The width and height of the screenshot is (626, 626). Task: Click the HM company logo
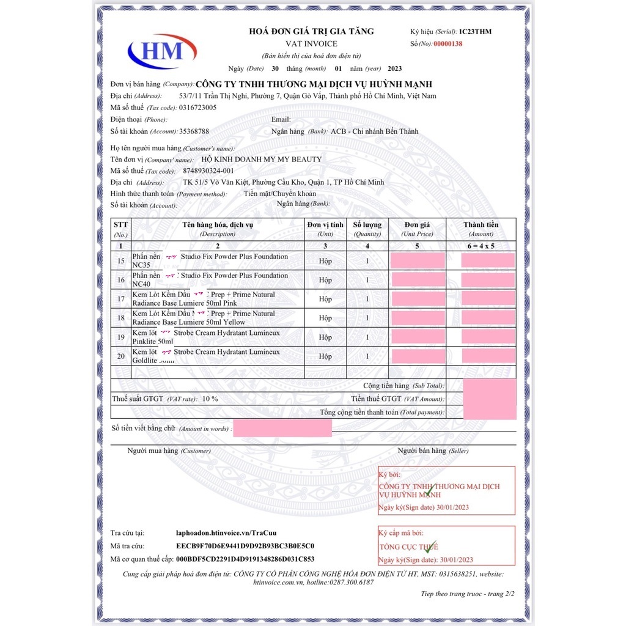click(161, 51)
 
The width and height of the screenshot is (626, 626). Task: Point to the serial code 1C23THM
click(475, 32)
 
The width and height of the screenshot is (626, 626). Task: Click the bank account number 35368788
click(194, 131)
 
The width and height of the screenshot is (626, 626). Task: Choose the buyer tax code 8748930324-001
click(208, 171)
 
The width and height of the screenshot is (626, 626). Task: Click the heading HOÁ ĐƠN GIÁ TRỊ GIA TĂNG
click(311, 32)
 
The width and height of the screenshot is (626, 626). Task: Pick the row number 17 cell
click(121, 299)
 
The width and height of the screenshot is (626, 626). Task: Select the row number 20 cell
click(121, 356)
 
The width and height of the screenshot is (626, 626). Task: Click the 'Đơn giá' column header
click(417, 229)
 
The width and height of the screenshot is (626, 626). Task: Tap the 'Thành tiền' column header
click(481, 229)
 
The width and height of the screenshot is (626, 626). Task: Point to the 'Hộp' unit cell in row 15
click(325, 261)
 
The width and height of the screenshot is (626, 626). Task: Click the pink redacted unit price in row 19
click(418, 337)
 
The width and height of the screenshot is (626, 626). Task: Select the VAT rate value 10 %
click(210, 399)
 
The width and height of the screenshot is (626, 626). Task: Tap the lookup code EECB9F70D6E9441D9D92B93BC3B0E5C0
click(245, 546)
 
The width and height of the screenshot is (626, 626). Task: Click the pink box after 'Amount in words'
click(282, 428)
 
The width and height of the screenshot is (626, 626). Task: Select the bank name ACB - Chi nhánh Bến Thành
click(374, 131)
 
